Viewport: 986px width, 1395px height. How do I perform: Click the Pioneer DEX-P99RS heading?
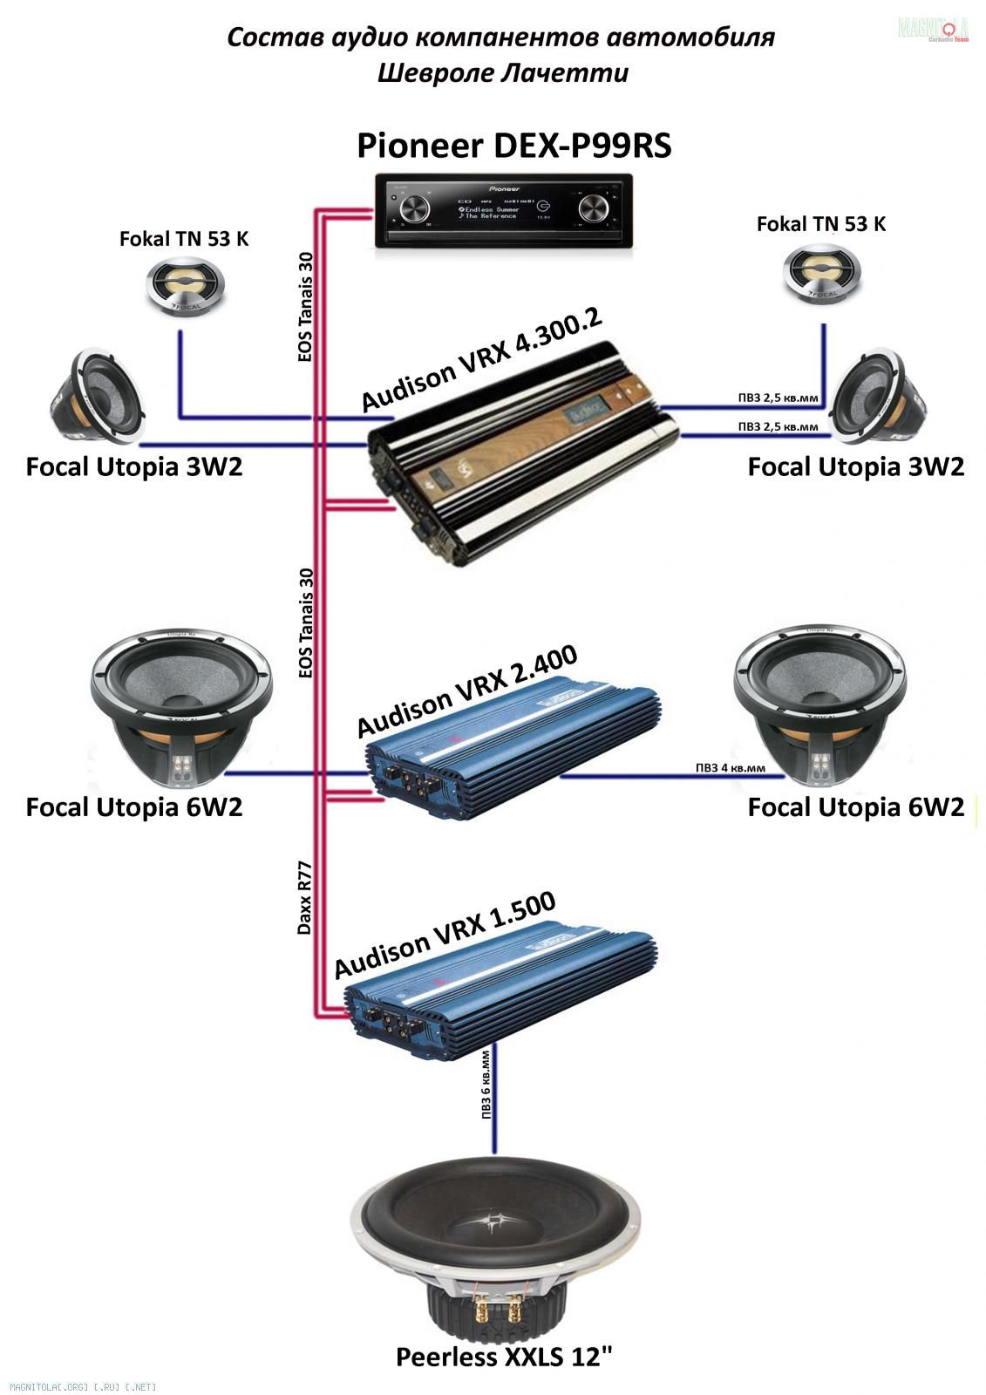513,146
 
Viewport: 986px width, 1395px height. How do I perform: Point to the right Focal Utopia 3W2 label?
855,467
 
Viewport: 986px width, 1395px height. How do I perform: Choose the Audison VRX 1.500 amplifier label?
445,936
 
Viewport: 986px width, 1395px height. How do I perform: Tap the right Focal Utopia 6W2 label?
855,807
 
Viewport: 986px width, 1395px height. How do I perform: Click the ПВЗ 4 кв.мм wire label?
730,768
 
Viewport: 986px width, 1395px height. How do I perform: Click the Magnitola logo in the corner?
934,29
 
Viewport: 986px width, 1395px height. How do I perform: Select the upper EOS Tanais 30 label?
304,307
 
